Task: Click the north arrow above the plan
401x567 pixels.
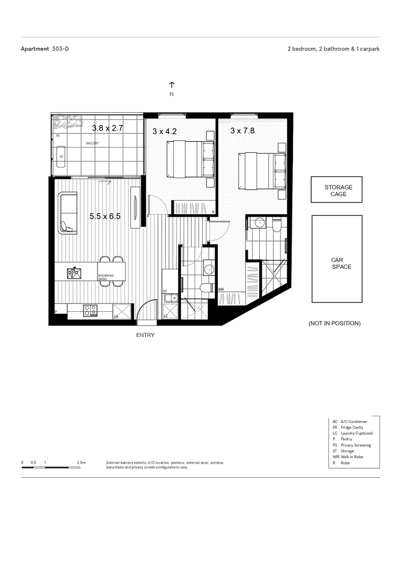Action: [x=172, y=85]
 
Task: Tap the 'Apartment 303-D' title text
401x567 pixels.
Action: [x=45, y=49]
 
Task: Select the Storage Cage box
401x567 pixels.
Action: [x=336, y=190]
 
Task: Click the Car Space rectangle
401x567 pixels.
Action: [x=336, y=259]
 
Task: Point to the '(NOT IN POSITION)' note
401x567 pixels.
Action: [x=334, y=323]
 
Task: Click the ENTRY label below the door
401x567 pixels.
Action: [x=145, y=335]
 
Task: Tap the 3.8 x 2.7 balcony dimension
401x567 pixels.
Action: [x=107, y=128]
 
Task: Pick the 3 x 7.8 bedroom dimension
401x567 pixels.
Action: [x=242, y=131]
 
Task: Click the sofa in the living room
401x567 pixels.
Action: [x=68, y=213]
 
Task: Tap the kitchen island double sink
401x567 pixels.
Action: [x=73, y=272]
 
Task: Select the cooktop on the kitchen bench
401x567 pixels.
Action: [x=89, y=309]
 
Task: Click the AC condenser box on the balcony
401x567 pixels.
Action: [x=61, y=156]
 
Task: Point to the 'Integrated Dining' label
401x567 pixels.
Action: [x=105, y=278]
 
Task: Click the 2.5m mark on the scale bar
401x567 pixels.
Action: [x=81, y=463]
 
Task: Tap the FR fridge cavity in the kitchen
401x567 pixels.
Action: [x=122, y=311]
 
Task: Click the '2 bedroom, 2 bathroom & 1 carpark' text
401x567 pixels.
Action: [x=333, y=49]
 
